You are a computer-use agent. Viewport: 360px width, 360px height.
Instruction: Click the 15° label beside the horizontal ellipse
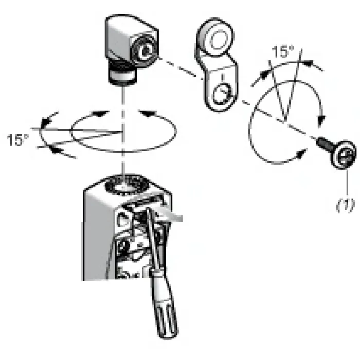pos(17,140)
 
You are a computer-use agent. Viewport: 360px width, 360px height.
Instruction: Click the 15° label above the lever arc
pos(283,51)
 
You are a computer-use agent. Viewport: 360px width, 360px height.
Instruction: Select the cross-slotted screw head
pos(344,154)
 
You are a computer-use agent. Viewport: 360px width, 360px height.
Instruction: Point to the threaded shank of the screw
pos(323,144)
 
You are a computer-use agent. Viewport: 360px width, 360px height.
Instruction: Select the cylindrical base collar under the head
pos(123,77)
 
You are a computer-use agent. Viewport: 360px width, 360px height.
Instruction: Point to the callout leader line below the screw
pos(347,183)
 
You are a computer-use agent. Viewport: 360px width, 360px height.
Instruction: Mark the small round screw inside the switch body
pos(123,247)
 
